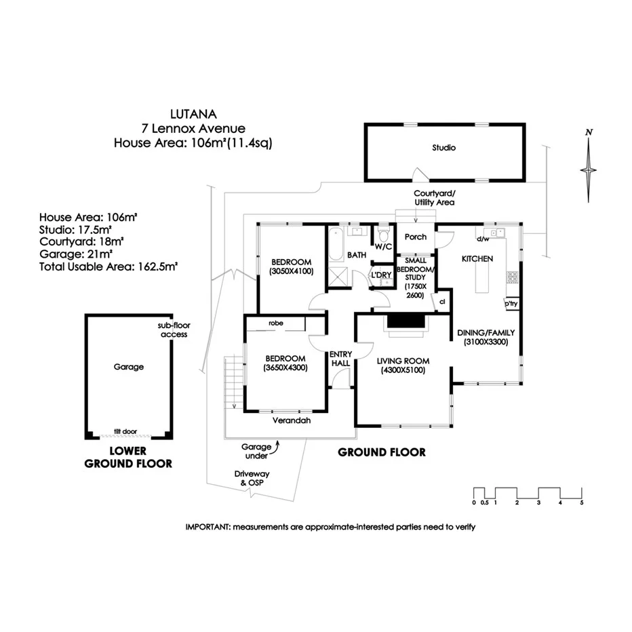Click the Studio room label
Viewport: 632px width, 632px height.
[444, 148]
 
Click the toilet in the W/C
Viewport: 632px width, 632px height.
[384, 238]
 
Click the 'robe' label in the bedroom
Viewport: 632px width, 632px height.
[275, 323]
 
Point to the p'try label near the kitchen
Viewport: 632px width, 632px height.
[511, 305]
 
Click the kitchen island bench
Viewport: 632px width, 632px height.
[482, 277]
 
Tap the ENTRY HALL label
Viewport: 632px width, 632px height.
[340, 359]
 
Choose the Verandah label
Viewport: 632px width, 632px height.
[292, 420]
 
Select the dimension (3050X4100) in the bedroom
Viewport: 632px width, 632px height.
[291, 271]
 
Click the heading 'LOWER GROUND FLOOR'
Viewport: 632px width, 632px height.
[127, 458]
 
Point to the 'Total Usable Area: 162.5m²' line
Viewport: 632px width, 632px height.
[108, 266]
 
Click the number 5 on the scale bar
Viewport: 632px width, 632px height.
[581, 502]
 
